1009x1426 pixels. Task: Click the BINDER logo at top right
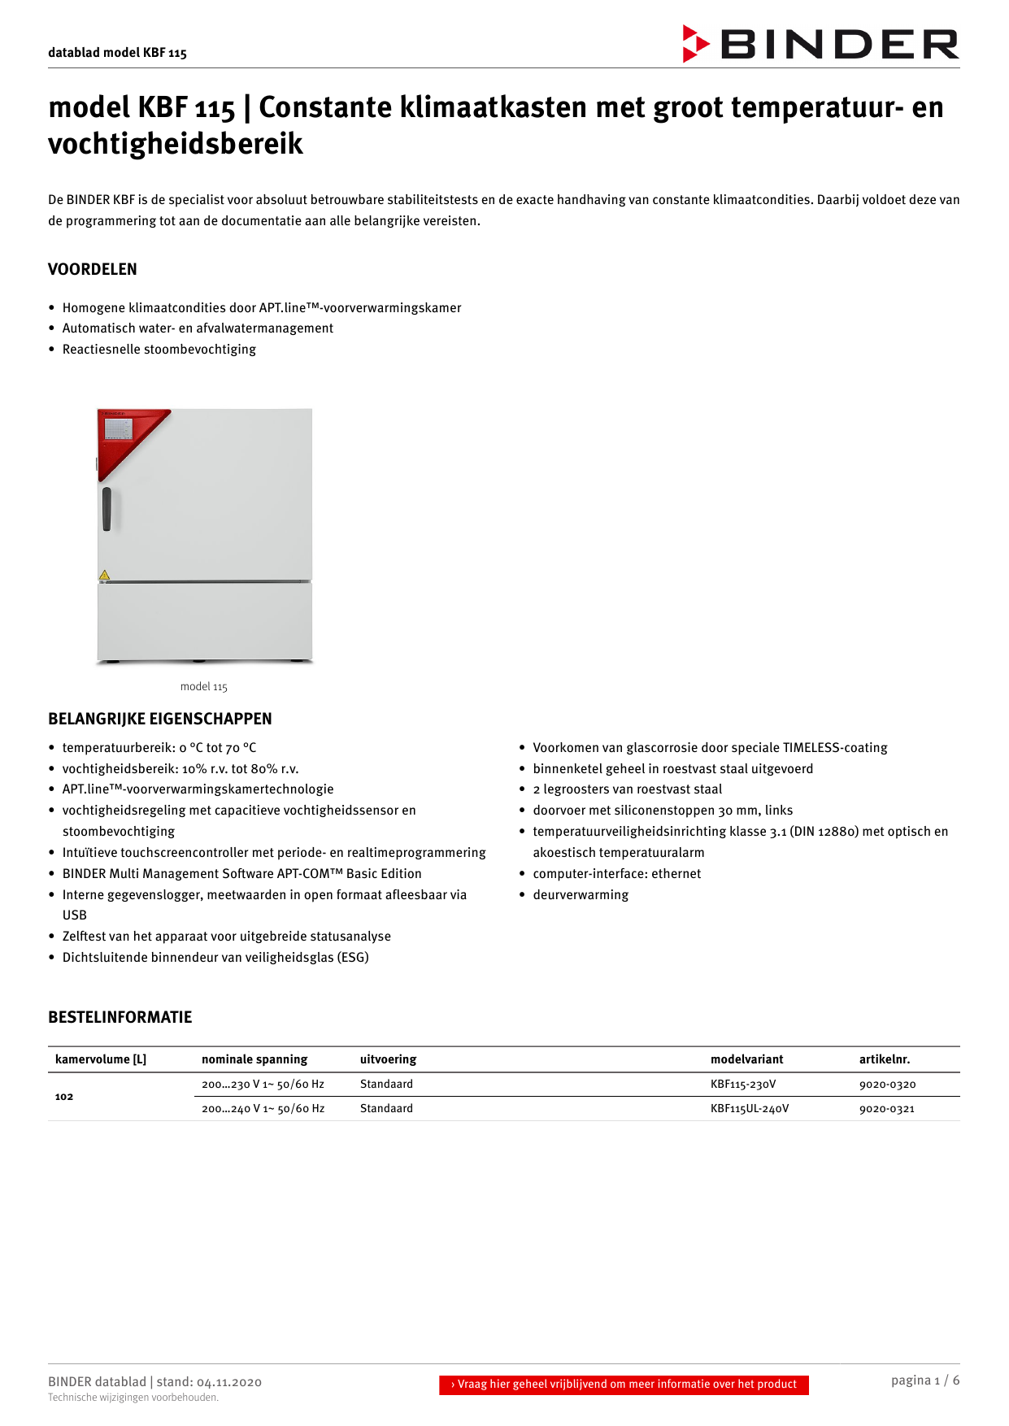821,44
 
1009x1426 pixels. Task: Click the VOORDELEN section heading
93,269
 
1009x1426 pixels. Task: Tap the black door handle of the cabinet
107,509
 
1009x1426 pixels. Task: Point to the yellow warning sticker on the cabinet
104,575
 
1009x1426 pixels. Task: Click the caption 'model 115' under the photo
204,687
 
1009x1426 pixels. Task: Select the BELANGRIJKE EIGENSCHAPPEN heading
160,719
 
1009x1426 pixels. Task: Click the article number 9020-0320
887,1085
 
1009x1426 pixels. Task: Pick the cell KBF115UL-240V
750,1109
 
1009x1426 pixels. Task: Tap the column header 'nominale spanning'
254,1059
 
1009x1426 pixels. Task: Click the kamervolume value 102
64,1097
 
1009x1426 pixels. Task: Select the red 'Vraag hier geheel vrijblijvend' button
624,1385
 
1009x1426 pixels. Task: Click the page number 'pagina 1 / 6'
924,1380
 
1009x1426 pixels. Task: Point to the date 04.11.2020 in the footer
229,1382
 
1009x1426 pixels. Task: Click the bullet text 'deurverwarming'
581,894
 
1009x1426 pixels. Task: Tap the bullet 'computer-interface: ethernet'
616,873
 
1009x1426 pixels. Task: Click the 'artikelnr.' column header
885,1059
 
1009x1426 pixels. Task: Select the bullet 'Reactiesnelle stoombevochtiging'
159,350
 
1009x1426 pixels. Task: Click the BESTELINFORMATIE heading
120,1017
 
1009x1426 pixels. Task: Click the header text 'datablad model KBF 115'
118,53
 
